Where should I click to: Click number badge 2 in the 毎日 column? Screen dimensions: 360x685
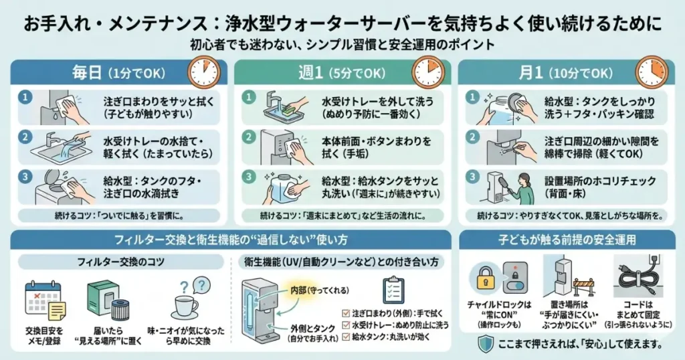[x=25, y=137]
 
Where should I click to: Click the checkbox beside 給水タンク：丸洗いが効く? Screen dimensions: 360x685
[x=345, y=337]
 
